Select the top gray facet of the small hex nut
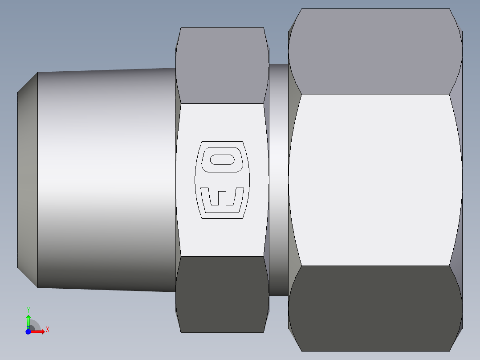[222, 67]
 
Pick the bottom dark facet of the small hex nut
[222, 294]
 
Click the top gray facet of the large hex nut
[375, 51]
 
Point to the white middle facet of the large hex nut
[375, 178]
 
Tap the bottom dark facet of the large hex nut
[375, 307]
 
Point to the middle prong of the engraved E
[222, 196]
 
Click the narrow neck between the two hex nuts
[278, 178]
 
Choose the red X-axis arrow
[38, 331]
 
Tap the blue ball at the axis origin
[28, 331]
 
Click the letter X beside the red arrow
[47, 330]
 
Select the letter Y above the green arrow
[28, 310]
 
